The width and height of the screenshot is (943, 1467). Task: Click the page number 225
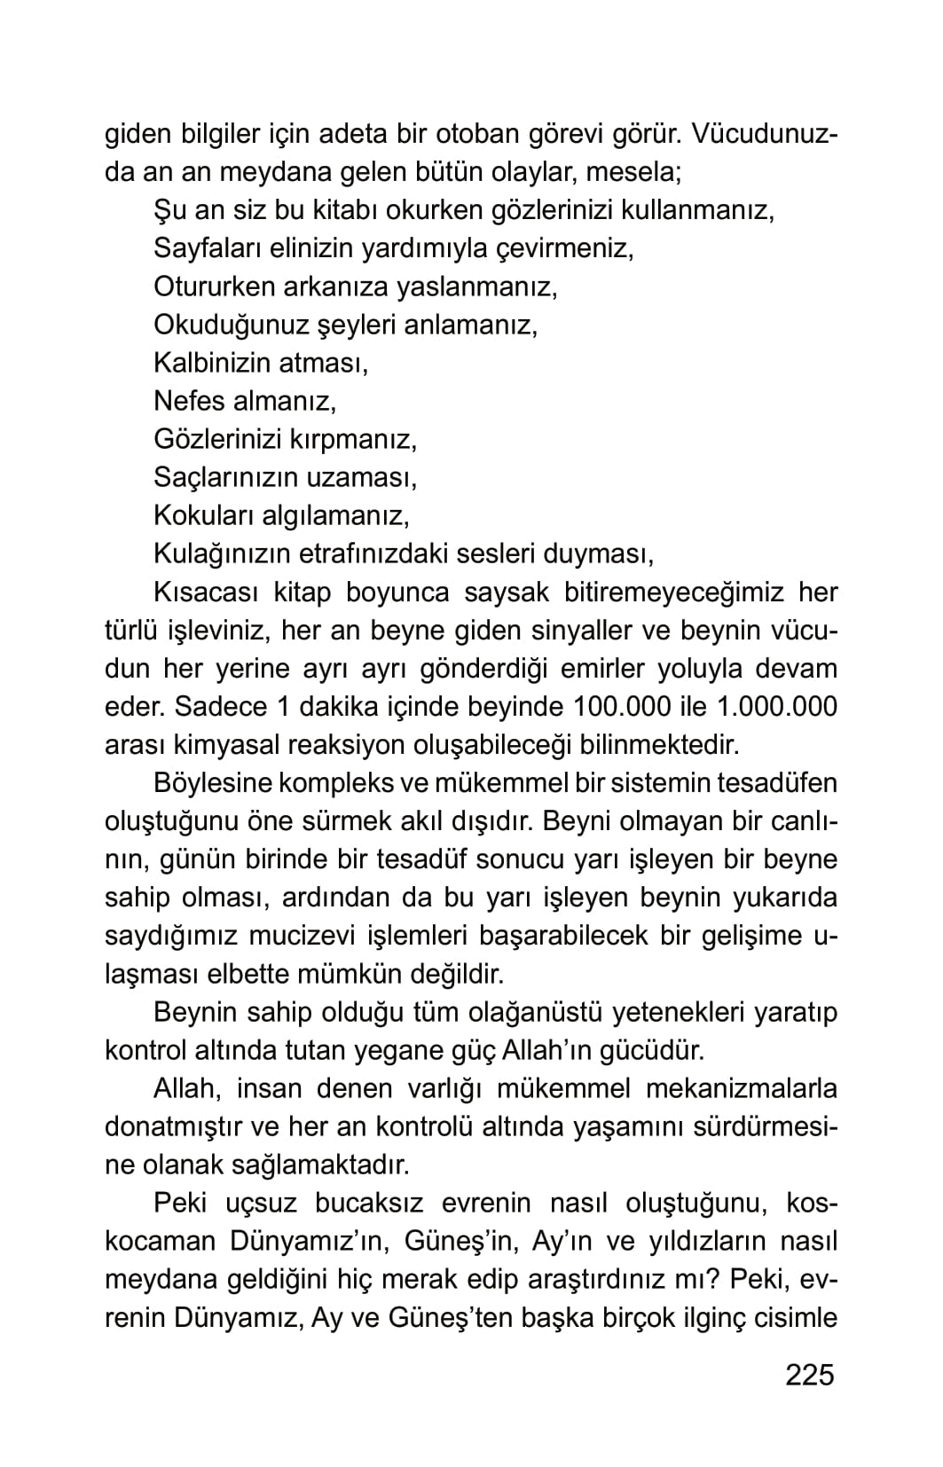pos(810,1375)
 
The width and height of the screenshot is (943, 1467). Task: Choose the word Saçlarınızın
pos(226,477)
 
